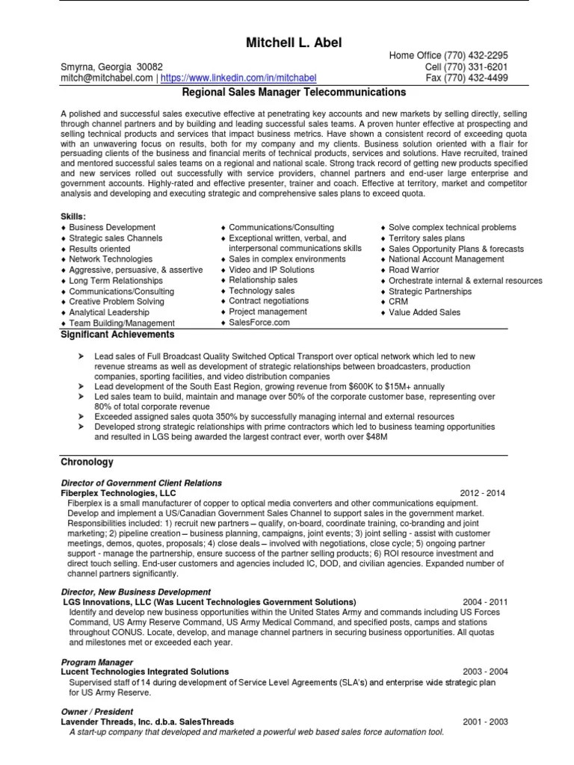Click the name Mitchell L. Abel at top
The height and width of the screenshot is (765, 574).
[294, 43]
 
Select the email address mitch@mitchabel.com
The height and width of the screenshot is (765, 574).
[108, 77]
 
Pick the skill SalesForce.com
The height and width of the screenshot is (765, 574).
[259, 323]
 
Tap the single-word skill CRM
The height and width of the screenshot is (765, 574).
[398, 302]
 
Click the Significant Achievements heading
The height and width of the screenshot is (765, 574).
[117, 335]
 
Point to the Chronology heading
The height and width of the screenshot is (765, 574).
[87, 462]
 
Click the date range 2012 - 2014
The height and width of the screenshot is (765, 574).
[483, 494]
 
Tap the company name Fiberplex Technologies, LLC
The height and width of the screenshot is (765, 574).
[117, 494]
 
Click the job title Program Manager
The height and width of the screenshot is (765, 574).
[96, 662]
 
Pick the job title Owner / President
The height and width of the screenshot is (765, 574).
[96, 712]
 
